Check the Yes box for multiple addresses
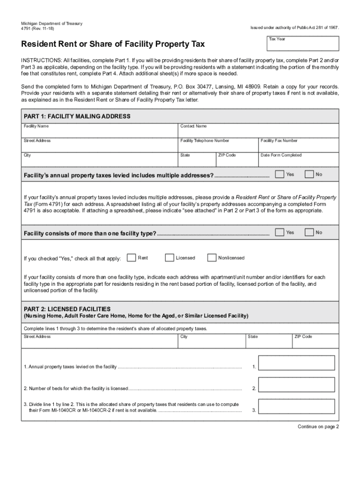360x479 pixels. point(279,174)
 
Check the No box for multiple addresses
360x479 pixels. point(309,174)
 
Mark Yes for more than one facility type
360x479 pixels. point(279,232)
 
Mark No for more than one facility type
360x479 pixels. point(309,232)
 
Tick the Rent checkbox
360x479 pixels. point(131,258)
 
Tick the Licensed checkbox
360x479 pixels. point(169,258)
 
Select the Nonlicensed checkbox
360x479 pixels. point(212,258)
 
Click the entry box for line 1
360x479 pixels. point(296,363)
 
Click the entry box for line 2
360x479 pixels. point(296,385)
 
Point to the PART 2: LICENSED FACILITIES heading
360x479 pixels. point(67,309)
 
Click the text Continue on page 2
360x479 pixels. point(318,427)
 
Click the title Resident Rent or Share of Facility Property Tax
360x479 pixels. point(113,44)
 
